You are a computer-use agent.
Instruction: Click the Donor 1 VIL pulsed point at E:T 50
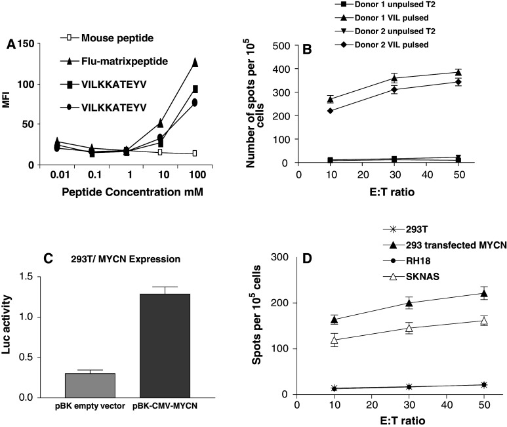point(458,72)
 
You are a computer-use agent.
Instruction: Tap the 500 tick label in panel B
point(281,45)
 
